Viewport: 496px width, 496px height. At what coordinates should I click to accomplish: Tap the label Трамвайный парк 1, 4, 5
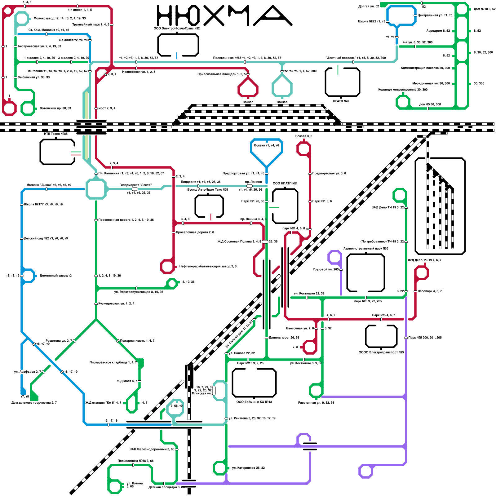click(x=91, y=24)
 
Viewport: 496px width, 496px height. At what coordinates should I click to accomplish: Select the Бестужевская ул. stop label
click(x=39, y=46)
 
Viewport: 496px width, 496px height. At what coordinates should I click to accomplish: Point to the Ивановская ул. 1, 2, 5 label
click(x=139, y=72)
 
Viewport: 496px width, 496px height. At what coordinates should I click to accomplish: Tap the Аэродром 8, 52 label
click(x=438, y=31)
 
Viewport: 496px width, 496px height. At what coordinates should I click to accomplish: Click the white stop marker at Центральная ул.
click(x=415, y=15)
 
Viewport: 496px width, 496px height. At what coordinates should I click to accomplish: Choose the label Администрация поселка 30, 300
click(x=425, y=68)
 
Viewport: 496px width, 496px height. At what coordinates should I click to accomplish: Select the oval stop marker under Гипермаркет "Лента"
click(x=135, y=189)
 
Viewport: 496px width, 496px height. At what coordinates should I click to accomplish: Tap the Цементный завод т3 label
click(x=56, y=276)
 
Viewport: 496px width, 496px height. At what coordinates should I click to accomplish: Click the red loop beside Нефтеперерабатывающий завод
click(x=167, y=267)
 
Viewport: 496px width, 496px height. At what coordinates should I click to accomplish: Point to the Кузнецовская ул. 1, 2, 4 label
click(x=116, y=303)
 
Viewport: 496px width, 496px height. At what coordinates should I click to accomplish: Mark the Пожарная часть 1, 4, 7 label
click(x=137, y=341)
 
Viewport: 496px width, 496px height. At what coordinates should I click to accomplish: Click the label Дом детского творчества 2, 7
click(x=34, y=403)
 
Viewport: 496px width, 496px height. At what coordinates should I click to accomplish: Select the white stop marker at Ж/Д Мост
click(x=139, y=381)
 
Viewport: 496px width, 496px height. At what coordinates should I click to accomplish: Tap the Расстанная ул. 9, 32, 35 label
click(x=316, y=403)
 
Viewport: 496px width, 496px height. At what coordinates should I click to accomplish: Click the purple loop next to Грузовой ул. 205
click(x=335, y=257)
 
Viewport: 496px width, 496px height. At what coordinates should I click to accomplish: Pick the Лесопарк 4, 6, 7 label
click(x=430, y=291)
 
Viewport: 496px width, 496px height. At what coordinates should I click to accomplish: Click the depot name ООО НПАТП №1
click(x=285, y=183)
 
